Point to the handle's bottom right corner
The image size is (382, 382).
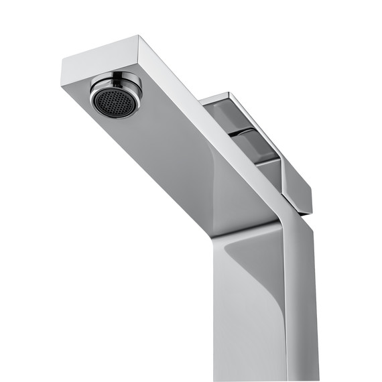coord(310,213)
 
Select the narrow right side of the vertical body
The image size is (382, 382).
coord(302,302)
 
